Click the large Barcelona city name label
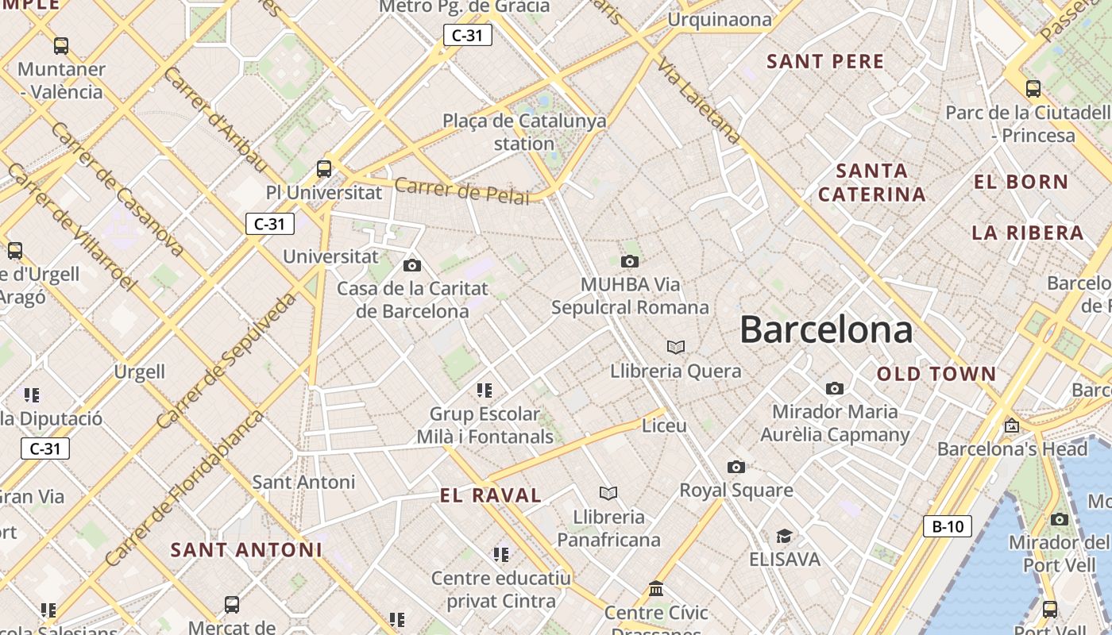(826, 329)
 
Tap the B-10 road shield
(948, 526)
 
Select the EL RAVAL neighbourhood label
(490, 496)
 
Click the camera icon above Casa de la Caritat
(411, 265)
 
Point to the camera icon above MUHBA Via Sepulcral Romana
(630, 261)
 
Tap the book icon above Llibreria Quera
(676, 347)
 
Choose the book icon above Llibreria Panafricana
(608, 494)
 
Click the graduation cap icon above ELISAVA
(784, 536)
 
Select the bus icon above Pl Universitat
(324, 168)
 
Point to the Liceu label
(664, 426)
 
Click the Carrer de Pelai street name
(461, 191)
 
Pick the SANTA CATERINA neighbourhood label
(872, 183)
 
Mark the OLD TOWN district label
(936, 374)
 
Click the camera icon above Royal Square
(736, 467)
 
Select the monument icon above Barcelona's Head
(1011, 425)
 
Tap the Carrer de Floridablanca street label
(183, 487)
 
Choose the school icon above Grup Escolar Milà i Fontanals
(485, 390)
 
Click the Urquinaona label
(720, 19)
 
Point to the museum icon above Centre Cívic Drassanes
(656, 589)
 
